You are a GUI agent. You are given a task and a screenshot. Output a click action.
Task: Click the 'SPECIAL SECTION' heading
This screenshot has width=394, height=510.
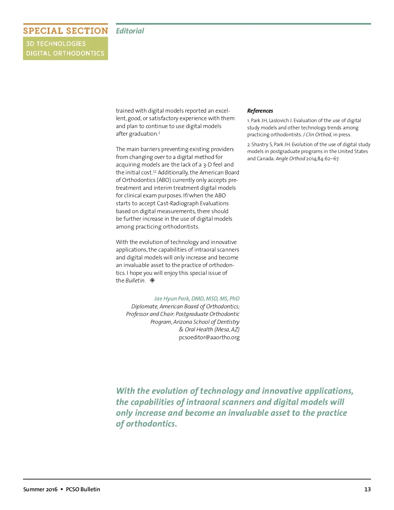(x=65, y=31)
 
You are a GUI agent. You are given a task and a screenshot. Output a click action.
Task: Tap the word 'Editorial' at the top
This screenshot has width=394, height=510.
(x=130, y=31)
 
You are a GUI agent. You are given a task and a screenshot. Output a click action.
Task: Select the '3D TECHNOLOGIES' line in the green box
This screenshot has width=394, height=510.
(x=56, y=44)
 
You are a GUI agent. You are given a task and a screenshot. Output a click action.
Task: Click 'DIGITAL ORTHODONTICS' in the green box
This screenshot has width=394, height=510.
(x=65, y=53)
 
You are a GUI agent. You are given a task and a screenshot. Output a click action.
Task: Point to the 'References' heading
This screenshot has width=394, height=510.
(x=260, y=111)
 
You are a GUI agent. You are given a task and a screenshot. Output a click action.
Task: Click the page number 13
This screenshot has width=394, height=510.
(x=367, y=489)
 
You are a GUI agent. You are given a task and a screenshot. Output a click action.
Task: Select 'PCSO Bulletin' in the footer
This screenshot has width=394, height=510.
(x=83, y=489)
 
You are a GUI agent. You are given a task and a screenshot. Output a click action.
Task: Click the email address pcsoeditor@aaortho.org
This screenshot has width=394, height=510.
(x=209, y=337)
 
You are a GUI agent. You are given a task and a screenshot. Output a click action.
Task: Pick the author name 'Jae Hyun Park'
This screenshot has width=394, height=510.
(x=172, y=299)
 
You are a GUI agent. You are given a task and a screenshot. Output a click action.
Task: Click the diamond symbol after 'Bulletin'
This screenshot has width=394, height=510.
(x=152, y=280)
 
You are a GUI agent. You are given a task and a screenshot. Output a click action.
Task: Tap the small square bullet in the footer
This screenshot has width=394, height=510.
(x=62, y=489)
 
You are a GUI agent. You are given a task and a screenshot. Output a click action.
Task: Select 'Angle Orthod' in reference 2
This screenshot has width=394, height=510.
(x=290, y=159)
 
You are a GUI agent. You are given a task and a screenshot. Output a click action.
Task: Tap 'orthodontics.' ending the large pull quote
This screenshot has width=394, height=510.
(x=151, y=424)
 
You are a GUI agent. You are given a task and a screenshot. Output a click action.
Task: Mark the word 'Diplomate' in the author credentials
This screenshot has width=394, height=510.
(x=144, y=306)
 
